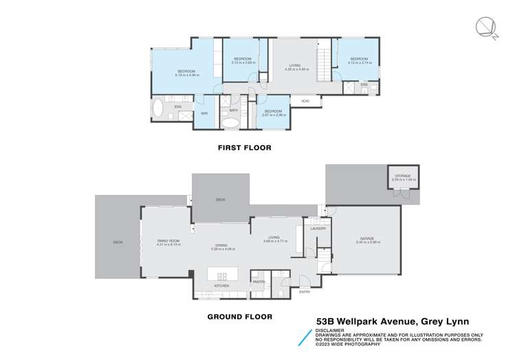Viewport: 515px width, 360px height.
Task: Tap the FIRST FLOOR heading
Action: (244, 148)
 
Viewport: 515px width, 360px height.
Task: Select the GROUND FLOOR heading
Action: (239, 317)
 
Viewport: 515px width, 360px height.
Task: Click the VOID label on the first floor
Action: (305, 103)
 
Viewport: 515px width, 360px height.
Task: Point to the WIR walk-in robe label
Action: (204, 113)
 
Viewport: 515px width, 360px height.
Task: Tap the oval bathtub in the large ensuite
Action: (158, 109)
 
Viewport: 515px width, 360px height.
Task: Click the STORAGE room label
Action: (402, 177)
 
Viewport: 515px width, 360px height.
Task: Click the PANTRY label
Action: (259, 282)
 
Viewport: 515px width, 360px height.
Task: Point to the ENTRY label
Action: (305, 292)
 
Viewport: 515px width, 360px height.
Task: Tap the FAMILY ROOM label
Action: (168, 242)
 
